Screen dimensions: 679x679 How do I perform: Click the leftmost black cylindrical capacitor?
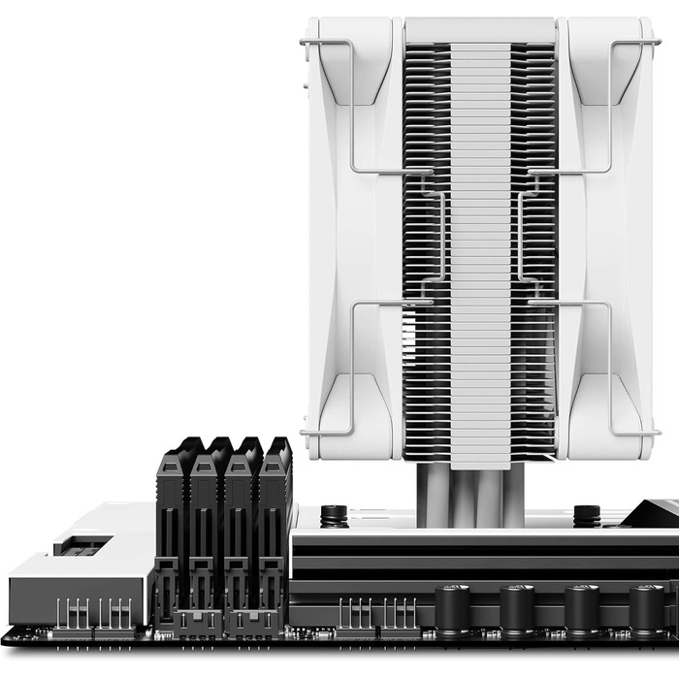coord(452,608)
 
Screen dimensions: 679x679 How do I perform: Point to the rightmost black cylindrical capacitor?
coord(645,608)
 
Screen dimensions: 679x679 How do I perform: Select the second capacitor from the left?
coord(516,608)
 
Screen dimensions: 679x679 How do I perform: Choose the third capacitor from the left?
coord(581,608)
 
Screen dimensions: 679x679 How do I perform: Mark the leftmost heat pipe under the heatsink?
coord(428,495)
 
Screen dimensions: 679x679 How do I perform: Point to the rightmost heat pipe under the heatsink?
coord(513,495)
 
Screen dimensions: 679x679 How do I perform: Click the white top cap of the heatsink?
coord(480,30)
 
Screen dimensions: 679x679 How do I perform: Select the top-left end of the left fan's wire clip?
coord(304,42)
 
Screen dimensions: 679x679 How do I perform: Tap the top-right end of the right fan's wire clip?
coord(658,42)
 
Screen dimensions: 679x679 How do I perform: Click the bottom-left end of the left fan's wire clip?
coord(304,432)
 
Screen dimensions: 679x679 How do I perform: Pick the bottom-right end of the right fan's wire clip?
coord(658,432)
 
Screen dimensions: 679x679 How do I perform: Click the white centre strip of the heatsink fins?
coord(480,242)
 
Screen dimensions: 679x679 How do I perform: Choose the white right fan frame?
coord(606,242)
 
